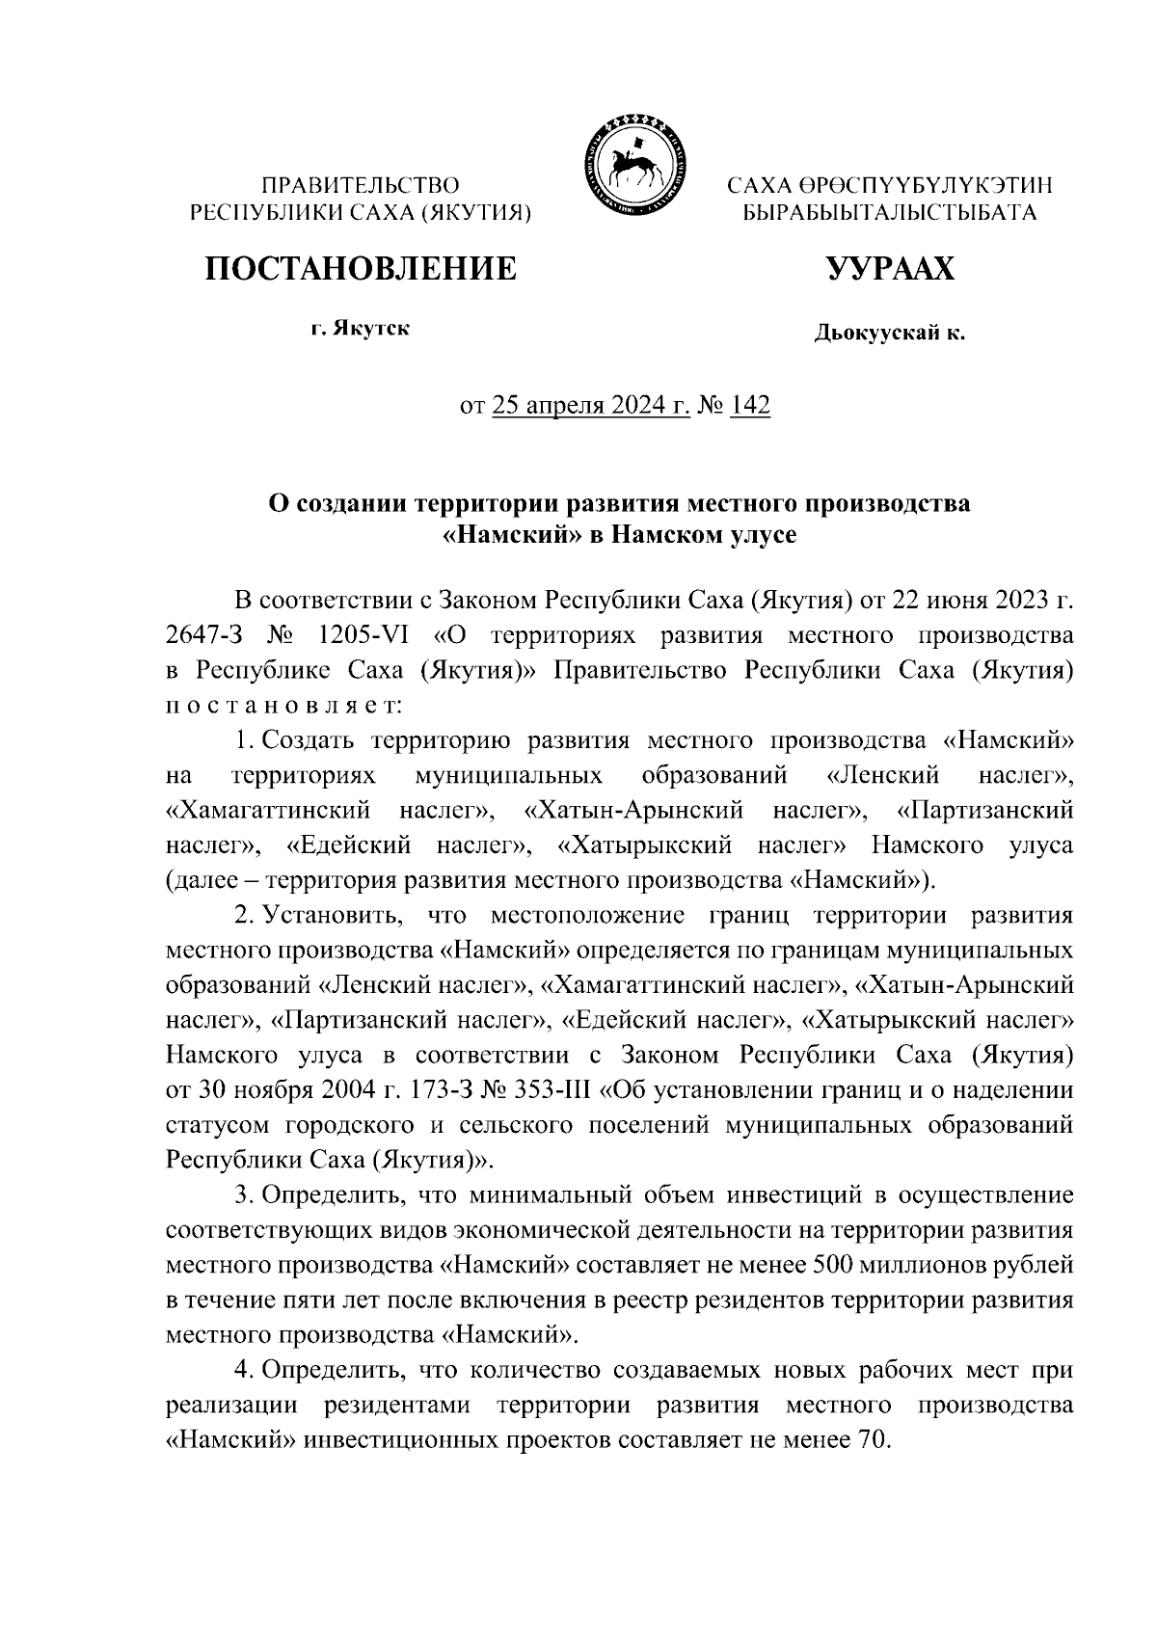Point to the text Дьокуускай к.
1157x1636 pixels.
[x=889, y=335]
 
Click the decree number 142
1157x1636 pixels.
[x=750, y=406]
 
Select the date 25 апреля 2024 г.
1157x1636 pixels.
[x=591, y=406]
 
